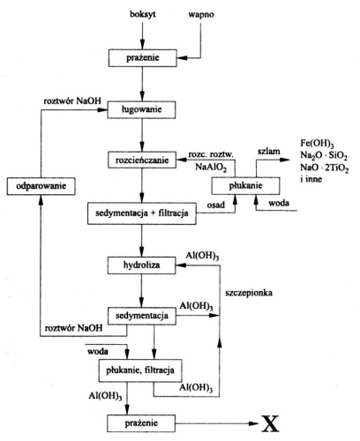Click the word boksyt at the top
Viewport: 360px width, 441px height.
143,15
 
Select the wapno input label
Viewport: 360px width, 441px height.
201,15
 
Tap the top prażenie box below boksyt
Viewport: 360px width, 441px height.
143,58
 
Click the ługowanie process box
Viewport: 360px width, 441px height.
141,109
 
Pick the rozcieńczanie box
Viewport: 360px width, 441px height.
142,161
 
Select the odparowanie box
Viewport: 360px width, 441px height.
41,186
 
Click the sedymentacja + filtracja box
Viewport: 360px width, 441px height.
142,213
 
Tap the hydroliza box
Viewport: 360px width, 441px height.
141,265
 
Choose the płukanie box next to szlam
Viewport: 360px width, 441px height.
245,186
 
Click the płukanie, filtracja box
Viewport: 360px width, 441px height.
140,370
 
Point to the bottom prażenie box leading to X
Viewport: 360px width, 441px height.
141,423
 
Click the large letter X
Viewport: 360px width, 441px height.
270,423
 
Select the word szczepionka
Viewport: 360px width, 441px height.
249,293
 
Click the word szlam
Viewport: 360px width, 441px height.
269,152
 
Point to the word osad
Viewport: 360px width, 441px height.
215,205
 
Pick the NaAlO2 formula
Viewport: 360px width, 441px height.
211,168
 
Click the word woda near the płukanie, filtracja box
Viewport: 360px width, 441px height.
98,351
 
